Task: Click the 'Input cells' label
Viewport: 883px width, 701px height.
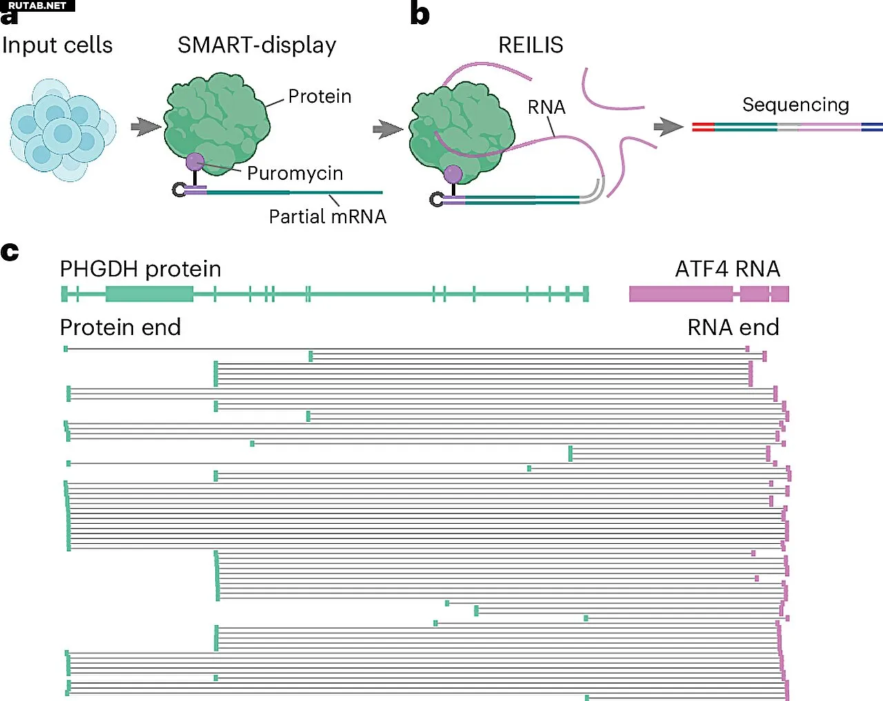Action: coord(57,45)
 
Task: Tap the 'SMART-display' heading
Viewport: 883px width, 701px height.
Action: coord(257,45)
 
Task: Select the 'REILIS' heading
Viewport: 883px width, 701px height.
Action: coord(530,45)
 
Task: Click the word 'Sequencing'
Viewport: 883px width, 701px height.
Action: coord(795,105)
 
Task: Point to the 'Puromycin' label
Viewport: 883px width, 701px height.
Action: coord(295,173)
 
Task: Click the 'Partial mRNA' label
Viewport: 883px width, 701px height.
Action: coord(327,216)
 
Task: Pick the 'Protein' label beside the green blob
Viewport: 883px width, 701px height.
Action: coord(319,96)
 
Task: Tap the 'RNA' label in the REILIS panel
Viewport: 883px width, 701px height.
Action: coord(546,108)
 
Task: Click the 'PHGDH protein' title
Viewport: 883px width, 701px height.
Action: coord(141,269)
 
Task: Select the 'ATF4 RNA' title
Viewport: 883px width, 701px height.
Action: coord(727,269)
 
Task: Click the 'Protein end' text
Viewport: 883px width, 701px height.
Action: coord(121,327)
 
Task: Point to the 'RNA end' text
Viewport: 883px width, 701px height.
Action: coord(733,327)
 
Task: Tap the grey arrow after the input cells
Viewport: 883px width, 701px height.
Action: coord(145,127)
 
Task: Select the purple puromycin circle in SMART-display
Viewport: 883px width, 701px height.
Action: coord(195,162)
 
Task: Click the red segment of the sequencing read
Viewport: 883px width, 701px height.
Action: coord(703,127)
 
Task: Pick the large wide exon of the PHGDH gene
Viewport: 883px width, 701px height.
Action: coord(149,294)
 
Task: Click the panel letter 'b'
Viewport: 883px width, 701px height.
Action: coord(419,14)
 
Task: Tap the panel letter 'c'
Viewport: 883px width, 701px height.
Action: coord(10,252)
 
